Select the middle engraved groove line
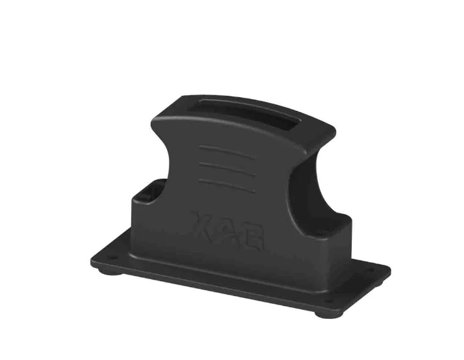click(x=226, y=168)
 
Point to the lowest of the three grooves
click(x=226, y=185)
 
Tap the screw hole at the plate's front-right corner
click(x=328, y=299)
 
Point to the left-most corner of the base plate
click(x=92, y=260)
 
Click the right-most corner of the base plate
click(x=390, y=268)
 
